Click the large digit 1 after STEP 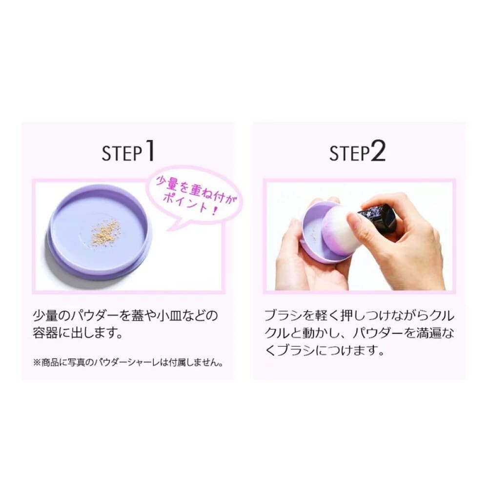point(150,150)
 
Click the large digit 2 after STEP point(378,151)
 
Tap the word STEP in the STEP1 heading point(122,153)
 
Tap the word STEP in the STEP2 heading point(350,153)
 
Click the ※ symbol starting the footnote point(37,363)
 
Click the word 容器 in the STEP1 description point(45,333)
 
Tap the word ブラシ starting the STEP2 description point(283,316)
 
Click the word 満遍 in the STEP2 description point(429,333)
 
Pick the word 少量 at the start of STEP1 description point(45,316)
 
